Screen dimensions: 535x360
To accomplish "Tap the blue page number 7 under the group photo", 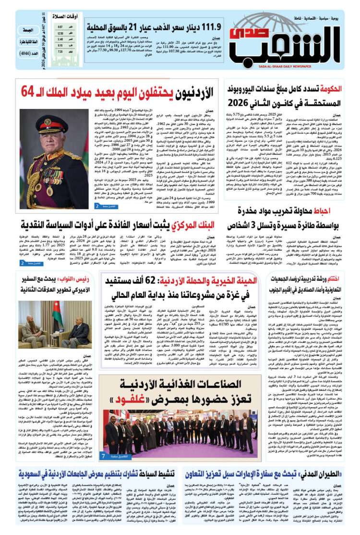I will coord(103,454).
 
